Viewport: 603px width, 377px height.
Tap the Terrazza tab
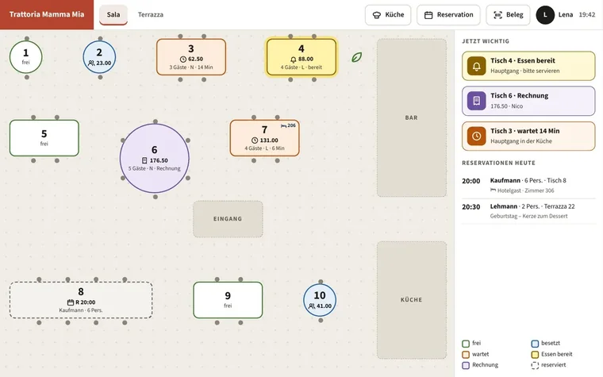(x=151, y=14)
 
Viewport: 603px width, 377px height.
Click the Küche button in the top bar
(x=388, y=15)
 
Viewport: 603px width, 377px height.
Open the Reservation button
(x=448, y=15)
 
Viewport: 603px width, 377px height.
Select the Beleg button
(x=508, y=15)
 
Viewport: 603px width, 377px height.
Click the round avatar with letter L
(x=545, y=15)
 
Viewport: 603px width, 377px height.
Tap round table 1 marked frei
(x=25, y=57)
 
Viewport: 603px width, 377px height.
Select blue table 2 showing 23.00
(x=100, y=57)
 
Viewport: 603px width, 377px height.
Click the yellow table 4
(x=301, y=57)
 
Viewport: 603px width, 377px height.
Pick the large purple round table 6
(x=155, y=158)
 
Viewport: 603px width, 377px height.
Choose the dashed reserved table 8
(x=81, y=300)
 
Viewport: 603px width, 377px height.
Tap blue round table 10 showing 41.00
(x=320, y=300)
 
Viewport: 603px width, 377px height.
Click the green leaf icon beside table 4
(x=356, y=57)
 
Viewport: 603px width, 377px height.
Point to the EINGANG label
(x=228, y=219)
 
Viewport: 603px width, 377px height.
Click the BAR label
(x=411, y=117)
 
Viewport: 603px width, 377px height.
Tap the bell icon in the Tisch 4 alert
(x=477, y=66)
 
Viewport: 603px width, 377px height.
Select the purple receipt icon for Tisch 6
(x=477, y=101)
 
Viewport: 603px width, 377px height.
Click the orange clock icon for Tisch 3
(x=477, y=137)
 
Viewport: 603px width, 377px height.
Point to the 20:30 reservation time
(x=470, y=207)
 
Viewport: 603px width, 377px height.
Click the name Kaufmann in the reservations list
(x=505, y=180)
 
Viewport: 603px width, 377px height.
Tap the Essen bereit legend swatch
(x=535, y=354)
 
